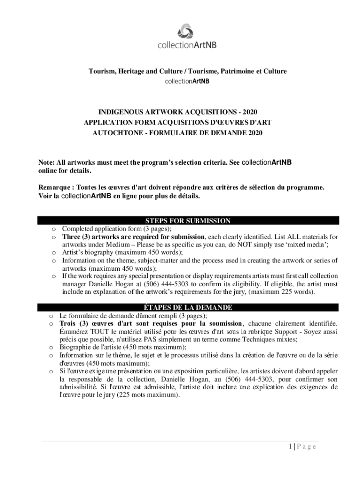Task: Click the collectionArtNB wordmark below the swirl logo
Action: click(187, 45)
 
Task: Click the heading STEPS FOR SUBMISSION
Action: click(187, 221)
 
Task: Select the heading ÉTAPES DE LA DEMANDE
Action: click(187, 307)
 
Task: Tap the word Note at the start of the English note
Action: click(46, 163)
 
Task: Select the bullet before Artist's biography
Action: click(54, 253)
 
